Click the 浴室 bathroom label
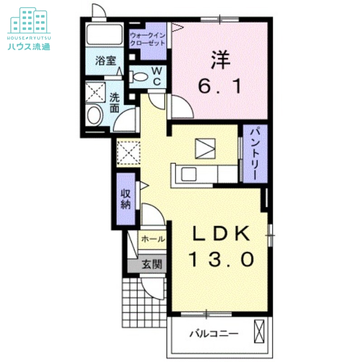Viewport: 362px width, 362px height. (x=106, y=61)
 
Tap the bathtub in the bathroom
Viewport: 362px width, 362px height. (x=105, y=34)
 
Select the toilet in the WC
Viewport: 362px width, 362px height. (x=138, y=77)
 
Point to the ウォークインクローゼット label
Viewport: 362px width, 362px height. (x=148, y=39)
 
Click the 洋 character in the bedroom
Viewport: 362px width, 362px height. (x=220, y=60)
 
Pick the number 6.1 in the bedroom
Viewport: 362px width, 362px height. (x=219, y=86)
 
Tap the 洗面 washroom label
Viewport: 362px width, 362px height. (x=114, y=103)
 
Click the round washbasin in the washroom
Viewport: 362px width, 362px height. (x=95, y=115)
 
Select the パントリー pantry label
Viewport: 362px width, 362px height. (x=255, y=154)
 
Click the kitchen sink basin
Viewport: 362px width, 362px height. (x=189, y=174)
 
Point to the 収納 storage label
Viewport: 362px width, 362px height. (x=126, y=200)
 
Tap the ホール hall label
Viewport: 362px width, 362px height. (x=153, y=239)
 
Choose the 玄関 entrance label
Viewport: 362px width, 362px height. (x=152, y=264)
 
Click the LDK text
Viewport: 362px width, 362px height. (x=221, y=233)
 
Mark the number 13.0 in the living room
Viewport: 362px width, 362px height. (x=221, y=259)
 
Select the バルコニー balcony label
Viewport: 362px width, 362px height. (x=214, y=334)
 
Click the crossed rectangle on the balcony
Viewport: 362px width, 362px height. (x=259, y=331)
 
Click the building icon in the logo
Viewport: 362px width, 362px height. (x=29, y=20)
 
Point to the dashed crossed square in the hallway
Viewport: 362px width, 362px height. (x=129, y=152)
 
